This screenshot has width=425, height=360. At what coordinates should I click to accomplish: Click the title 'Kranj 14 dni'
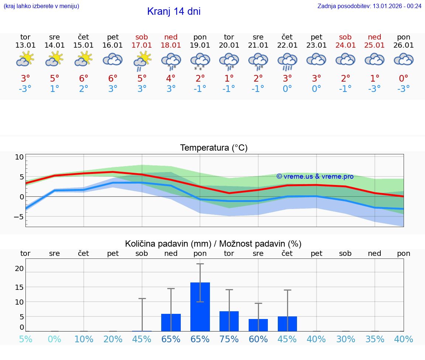tap(174, 11)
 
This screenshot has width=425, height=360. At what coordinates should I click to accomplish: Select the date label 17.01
tap(142, 45)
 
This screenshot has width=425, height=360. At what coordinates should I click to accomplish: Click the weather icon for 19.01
tap(200, 61)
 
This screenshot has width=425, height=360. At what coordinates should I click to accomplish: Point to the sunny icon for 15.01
tap(83, 59)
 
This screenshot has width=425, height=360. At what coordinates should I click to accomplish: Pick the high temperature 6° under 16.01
tap(113, 78)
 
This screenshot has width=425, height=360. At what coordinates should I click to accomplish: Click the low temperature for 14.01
tap(55, 89)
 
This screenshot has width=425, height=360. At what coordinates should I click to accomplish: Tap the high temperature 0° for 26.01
tap(404, 78)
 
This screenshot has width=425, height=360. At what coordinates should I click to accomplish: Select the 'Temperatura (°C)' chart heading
tap(214, 148)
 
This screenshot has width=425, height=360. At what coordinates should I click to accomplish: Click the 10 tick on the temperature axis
tap(19, 157)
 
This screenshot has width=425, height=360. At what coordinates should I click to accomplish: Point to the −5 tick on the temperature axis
tap(18, 217)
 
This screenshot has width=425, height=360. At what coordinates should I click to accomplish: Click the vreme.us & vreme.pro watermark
tap(315, 176)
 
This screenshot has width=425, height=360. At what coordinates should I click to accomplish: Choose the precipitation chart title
tap(213, 244)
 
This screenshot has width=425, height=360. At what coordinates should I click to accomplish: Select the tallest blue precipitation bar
tap(200, 306)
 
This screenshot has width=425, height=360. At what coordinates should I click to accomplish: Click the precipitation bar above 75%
tap(229, 321)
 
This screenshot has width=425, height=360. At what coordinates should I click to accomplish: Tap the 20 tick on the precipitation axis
tap(19, 268)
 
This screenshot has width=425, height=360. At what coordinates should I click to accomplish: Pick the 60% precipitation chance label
tap(258, 339)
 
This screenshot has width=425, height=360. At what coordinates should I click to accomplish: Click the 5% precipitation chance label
tap(25, 339)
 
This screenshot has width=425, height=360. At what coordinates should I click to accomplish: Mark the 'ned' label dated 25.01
tap(374, 37)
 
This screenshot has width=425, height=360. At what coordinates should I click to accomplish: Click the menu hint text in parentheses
tap(41, 6)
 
